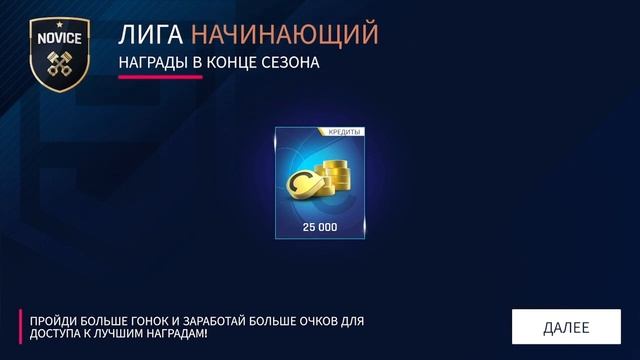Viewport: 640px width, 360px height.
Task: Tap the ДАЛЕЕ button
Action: click(566, 327)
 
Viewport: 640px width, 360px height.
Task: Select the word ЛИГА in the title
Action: click(151, 35)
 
